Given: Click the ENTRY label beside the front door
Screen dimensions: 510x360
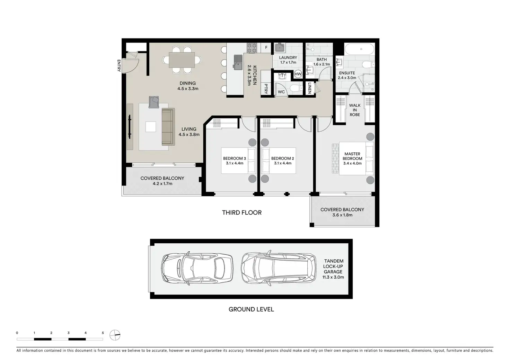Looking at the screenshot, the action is [119, 66].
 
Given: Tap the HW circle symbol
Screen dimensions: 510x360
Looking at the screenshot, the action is [298, 74].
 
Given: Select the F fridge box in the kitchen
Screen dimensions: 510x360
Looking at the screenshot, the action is [266, 48].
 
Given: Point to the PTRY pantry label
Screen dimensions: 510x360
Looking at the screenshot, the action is [266, 89].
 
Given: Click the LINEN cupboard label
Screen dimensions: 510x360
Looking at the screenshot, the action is [309, 88].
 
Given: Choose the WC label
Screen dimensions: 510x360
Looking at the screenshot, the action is [281, 92].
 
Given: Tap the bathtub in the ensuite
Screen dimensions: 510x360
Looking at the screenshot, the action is [359, 49].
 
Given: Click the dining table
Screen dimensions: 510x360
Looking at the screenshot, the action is [182, 60].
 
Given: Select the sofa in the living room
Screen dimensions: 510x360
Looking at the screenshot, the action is [168, 127].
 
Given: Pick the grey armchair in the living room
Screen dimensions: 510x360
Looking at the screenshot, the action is [154, 102].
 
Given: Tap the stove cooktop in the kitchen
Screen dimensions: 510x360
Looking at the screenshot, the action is [252, 48].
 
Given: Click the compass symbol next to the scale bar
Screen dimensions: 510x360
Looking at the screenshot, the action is [115, 335].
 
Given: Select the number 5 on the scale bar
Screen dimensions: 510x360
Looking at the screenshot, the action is [103, 333].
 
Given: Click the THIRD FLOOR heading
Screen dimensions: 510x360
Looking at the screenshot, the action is [242, 213].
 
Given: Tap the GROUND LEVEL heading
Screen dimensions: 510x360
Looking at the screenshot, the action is [251, 309].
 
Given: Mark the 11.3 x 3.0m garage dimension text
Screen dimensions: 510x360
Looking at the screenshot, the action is [333, 277].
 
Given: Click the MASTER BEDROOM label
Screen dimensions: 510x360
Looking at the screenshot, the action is [352, 156].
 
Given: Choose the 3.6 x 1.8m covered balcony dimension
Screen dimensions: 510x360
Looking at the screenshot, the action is [342, 215].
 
